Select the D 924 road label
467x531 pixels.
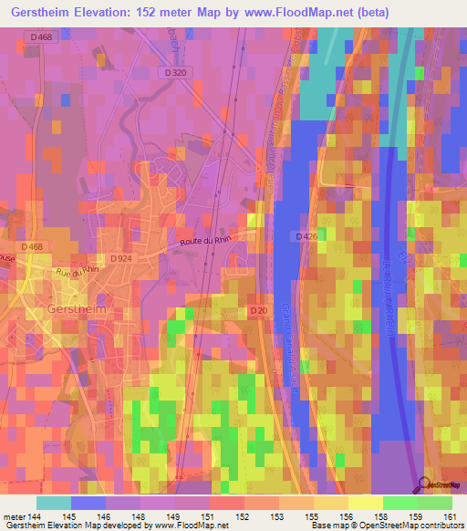coord(122,260)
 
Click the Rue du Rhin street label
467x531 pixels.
coord(78,270)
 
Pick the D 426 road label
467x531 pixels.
coord(306,237)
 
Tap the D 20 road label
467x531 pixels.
coord(258,312)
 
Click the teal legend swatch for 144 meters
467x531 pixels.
coord(54,503)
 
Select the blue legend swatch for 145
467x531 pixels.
coord(88,503)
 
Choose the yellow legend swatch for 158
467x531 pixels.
coord(366,503)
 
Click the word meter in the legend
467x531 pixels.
coord(14,516)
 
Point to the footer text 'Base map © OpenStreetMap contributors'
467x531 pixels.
coord(387,526)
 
